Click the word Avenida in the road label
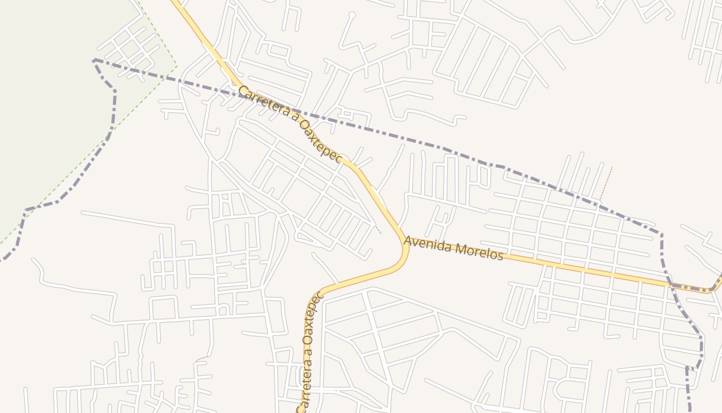[x=424, y=244]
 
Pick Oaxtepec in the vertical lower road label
[x=314, y=316]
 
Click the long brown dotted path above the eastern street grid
[x=606, y=183]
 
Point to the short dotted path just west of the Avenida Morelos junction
[x=379, y=230]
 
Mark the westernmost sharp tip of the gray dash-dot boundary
[x=93, y=60]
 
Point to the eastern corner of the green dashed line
[x=177, y=66]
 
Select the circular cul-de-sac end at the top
[x=352, y=15]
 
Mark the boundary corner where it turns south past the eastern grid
[x=661, y=234]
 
